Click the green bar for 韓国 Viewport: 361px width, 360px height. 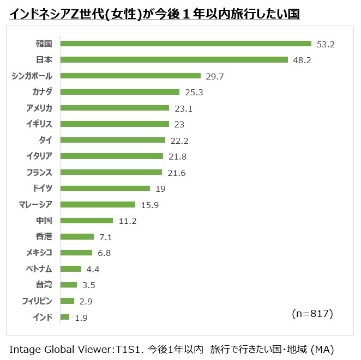(x=185, y=44)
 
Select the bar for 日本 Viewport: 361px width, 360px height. (x=174, y=59)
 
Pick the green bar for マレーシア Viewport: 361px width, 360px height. (x=98, y=204)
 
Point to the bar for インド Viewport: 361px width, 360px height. (x=65, y=316)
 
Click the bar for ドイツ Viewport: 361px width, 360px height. (x=105, y=188)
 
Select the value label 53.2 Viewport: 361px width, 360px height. (x=326, y=44)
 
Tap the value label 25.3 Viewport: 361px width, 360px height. (x=194, y=92)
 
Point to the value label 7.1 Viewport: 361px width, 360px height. (x=105, y=237)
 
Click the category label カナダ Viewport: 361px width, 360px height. (x=43, y=91)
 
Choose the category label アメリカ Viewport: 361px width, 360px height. (x=39, y=108)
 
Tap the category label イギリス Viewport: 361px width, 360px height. (x=39, y=124)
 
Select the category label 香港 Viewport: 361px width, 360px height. (x=44, y=236)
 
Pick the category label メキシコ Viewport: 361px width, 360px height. (x=39, y=252)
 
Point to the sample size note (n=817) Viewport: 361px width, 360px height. (x=312, y=314)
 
